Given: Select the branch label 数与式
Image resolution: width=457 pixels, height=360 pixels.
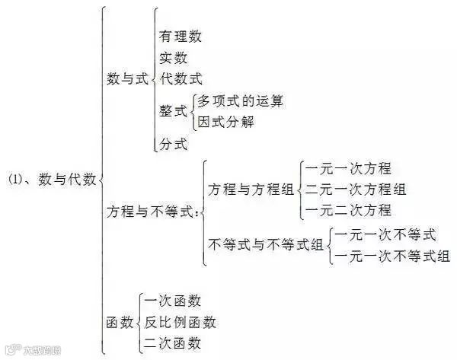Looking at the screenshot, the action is click(x=127, y=78).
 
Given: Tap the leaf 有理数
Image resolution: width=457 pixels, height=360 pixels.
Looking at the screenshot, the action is click(x=181, y=36).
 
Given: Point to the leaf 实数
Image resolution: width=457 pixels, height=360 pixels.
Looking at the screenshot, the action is click(x=174, y=57).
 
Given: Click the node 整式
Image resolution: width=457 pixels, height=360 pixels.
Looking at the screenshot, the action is click(x=173, y=111).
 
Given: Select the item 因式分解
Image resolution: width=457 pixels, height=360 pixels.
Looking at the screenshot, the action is click(x=225, y=122).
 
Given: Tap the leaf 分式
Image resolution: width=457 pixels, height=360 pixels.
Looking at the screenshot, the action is click(x=173, y=143).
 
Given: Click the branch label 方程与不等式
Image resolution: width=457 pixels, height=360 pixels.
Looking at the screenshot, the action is click(x=152, y=214).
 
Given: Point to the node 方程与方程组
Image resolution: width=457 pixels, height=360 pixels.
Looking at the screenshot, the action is click(x=251, y=190).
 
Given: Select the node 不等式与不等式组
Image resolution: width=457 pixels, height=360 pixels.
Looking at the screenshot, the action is click(x=265, y=245).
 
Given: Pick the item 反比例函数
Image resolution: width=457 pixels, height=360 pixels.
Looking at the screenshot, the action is click(x=180, y=322).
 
